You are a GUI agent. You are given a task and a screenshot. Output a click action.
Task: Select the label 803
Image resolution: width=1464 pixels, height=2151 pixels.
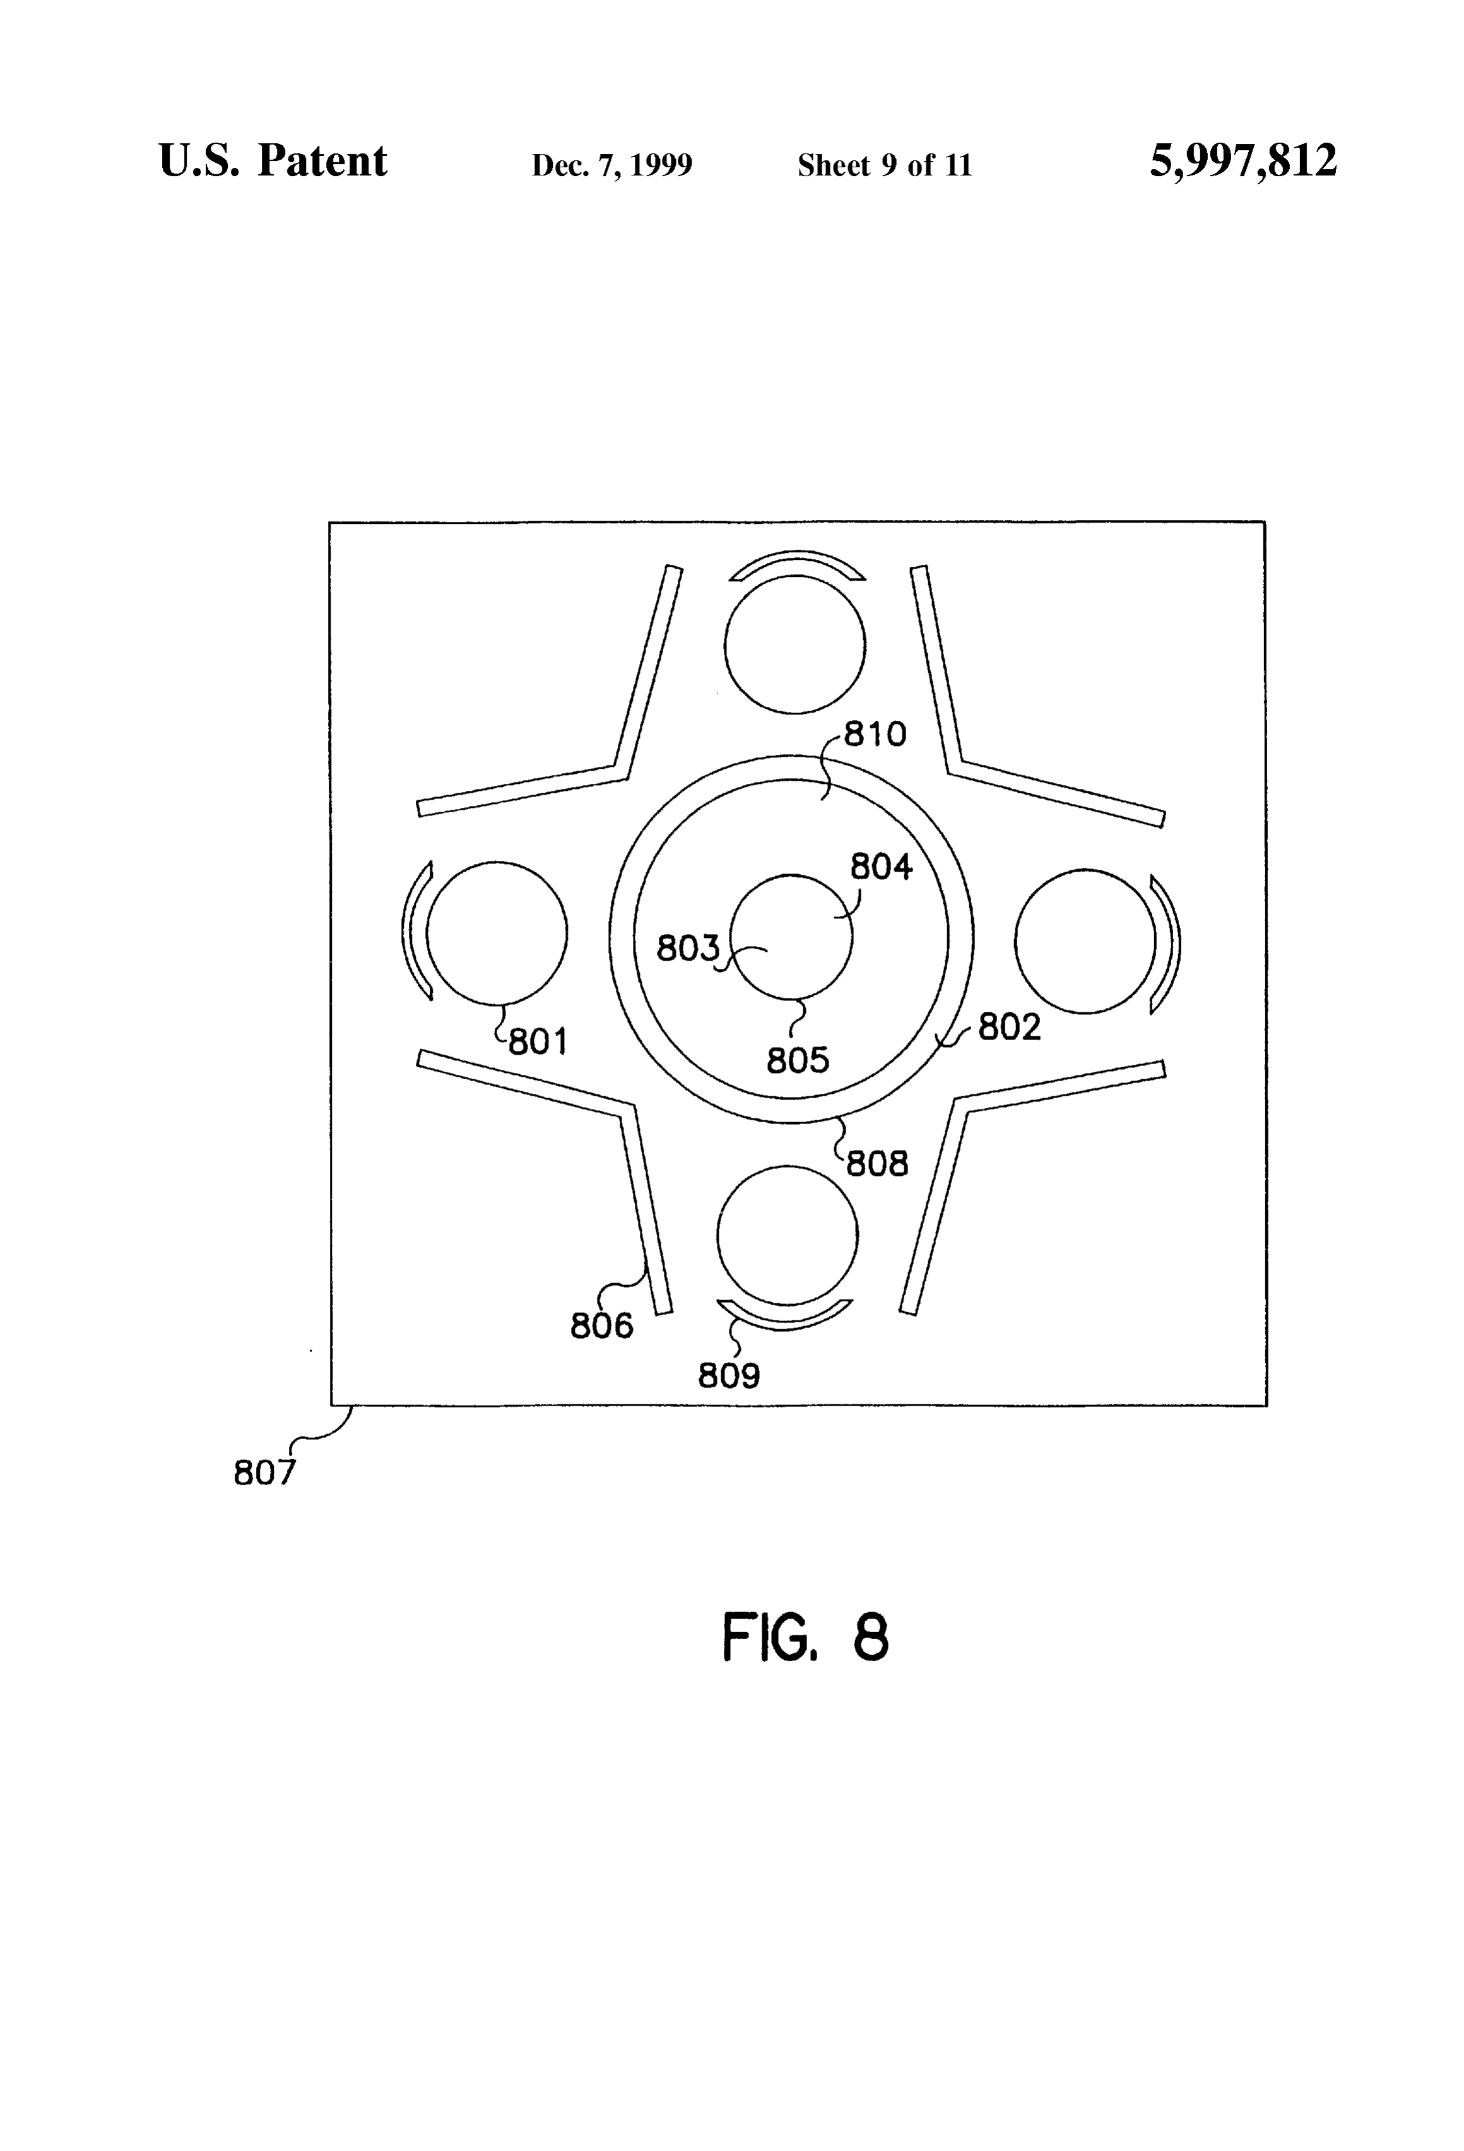pos(688,948)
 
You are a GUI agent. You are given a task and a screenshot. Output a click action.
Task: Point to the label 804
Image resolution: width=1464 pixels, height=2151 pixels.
pos(881,867)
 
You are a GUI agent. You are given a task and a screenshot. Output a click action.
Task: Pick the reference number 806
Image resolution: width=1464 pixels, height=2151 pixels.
pos(601,1326)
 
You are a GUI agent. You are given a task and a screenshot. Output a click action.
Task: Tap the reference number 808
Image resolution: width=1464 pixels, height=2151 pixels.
pos(877,1163)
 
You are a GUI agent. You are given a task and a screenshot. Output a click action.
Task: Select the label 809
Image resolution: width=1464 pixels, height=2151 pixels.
pos(729,1377)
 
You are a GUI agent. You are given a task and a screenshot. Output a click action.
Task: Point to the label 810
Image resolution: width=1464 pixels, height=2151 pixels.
pos(875,734)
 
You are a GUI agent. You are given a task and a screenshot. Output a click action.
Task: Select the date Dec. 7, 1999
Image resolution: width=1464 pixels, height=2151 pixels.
pos(611,165)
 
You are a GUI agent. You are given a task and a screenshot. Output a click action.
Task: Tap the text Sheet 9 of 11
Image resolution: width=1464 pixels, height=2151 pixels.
pos(885,165)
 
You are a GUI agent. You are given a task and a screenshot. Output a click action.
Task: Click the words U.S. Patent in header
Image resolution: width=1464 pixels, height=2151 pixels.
pos(273,160)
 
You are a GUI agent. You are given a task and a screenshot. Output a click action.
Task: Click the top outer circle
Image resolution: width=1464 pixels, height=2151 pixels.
pos(795,576)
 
